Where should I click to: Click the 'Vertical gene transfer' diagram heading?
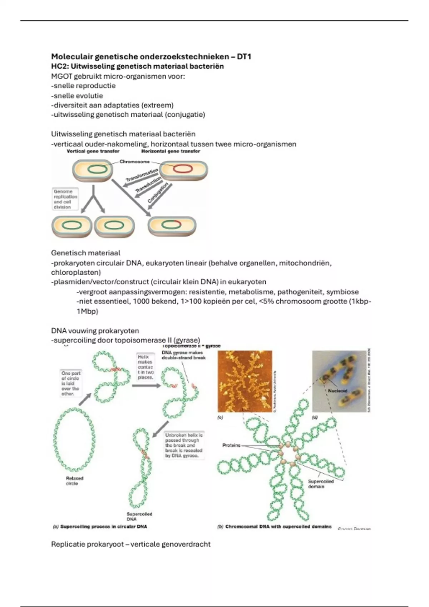pyautogui.click(x=93, y=151)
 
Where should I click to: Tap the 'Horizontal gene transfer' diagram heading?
pyautogui.click(x=171, y=151)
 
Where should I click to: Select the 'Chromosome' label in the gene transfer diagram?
pyautogui.click(x=134, y=162)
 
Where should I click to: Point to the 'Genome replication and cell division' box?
pyautogui.click(x=65, y=199)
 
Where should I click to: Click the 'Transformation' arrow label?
pyautogui.click(x=142, y=175)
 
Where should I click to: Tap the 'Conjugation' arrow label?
pyautogui.click(x=158, y=193)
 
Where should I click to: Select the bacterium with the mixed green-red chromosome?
pyautogui.click(x=172, y=226)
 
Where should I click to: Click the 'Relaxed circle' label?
pyautogui.click(x=74, y=481)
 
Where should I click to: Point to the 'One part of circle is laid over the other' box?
pyautogui.click(x=70, y=383)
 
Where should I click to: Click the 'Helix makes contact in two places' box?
pyautogui.click(x=145, y=367)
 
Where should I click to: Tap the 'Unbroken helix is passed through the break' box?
pyautogui.click(x=184, y=445)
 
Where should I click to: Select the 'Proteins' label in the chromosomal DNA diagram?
pyautogui.click(x=231, y=445)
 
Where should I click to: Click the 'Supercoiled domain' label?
pyautogui.click(x=321, y=484)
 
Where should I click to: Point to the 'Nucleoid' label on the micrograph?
pyautogui.click(x=337, y=391)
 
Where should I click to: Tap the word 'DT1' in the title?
pyautogui.click(x=244, y=56)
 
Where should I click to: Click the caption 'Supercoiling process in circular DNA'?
pyautogui.click(x=103, y=526)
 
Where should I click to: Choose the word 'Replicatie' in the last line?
pyautogui.click(x=68, y=544)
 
